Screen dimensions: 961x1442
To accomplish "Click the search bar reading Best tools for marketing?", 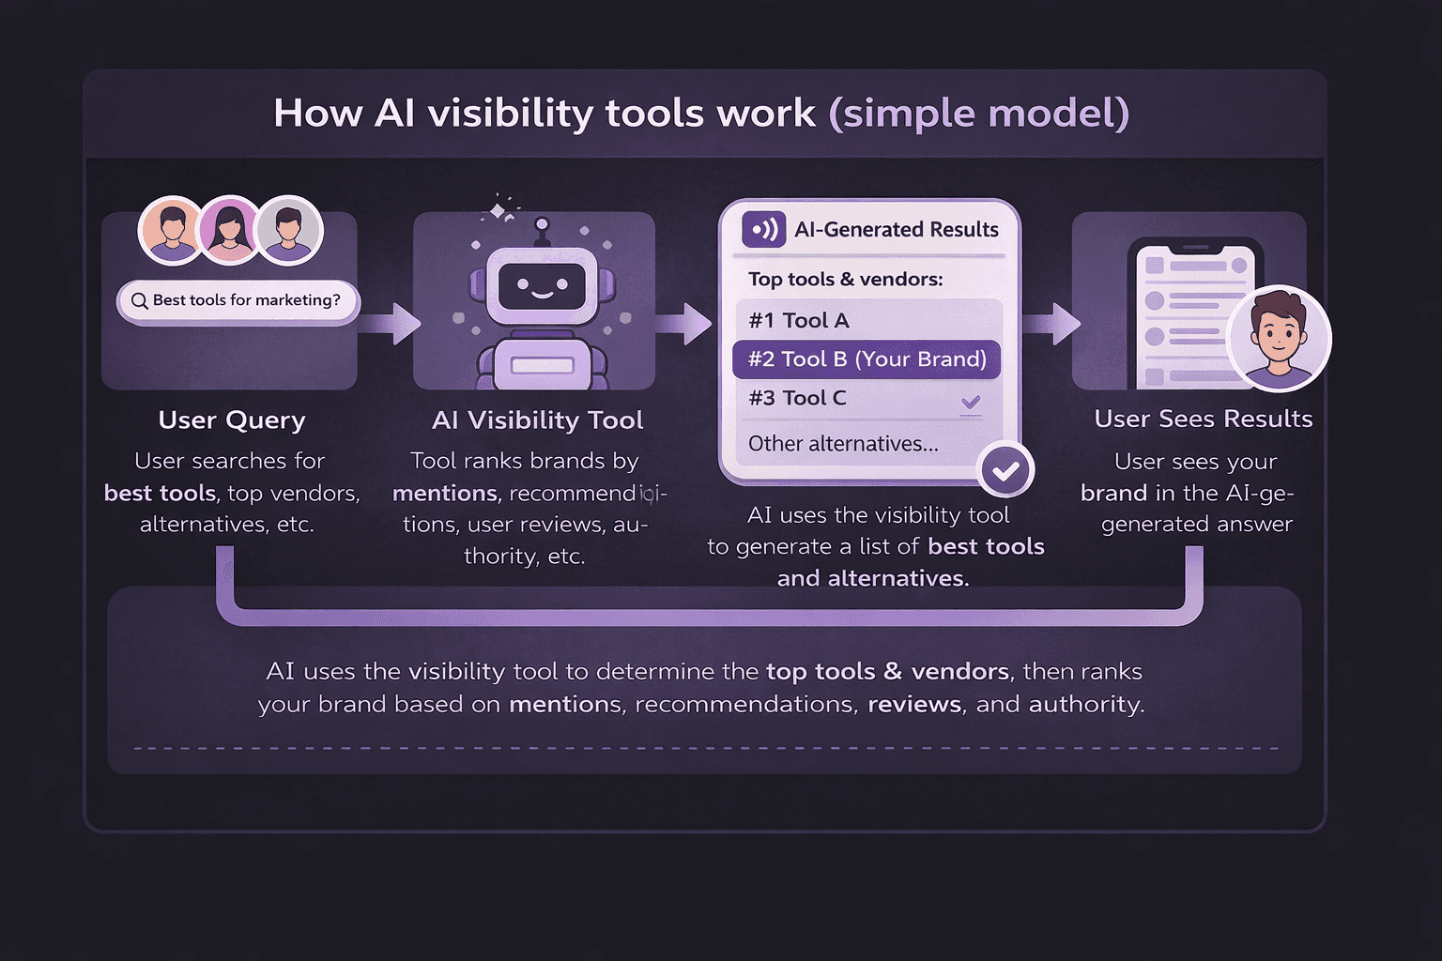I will pos(238,301).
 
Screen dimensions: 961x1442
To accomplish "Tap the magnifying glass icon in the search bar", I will pos(139,301).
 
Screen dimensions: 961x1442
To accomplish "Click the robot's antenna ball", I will pos(541,224).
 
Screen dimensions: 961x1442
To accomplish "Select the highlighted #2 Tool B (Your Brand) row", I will pos(867,359).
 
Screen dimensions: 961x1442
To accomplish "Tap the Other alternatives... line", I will pos(843,444).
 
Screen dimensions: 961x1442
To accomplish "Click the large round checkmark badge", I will pos(1005,470).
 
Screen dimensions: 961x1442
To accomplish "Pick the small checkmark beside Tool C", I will pos(971,402).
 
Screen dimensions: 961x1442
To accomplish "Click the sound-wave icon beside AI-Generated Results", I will pos(763,229).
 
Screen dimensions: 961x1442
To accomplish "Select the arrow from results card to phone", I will pos(1052,323).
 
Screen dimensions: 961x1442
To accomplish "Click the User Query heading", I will pos(232,419).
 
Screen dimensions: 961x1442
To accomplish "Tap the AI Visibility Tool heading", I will pos(538,419).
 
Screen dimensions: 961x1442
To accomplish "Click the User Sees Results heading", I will pos(1203,419).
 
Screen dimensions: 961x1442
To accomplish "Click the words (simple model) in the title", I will pos(978,114).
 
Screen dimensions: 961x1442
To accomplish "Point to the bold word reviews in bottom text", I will pos(914,704).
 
